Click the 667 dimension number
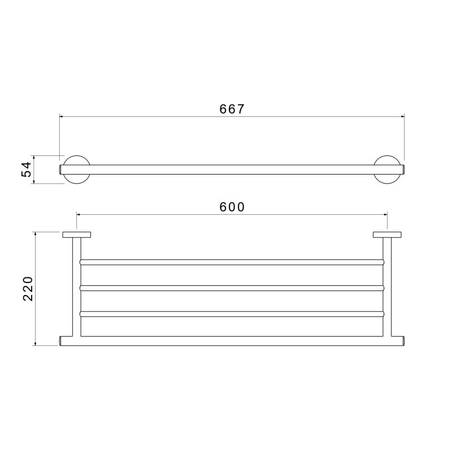point(232,109)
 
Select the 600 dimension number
point(232,207)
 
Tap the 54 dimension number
point(26,169)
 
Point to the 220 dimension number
point(28,289)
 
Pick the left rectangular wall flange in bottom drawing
point(77,234)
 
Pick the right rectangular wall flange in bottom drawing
point(387,234)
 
